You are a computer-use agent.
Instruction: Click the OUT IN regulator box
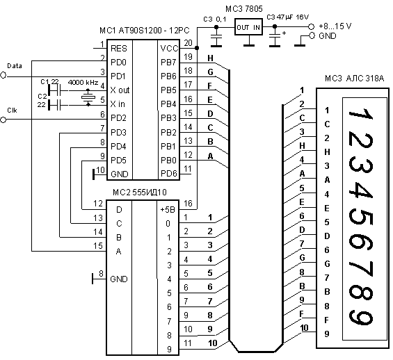click(x=248, y=27)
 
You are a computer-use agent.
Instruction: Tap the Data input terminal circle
click(x=3, y=75)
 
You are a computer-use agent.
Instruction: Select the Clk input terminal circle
click(x=3, y=120)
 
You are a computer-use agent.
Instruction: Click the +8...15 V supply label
click(x=335, y=26)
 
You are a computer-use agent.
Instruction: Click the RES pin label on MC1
click(x=118, y=49)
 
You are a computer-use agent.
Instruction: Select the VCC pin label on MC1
click(x=169, y=49)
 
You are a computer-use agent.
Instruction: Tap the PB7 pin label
click(x=168, y=63)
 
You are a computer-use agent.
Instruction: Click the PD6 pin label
click(x=169, y=174)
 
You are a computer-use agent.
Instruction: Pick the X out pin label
click(x=120, y=90)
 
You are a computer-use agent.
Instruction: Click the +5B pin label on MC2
click(x=168, y=210)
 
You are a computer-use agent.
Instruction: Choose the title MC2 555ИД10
click(x=139, y=193)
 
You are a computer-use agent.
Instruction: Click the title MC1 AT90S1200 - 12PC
click(x=145, y=31)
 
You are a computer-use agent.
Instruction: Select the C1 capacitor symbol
click(x=55, y=90)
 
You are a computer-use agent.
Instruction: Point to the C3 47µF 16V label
click(x=288, y=17)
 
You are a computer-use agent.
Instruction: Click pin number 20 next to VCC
click(x=188, y=43)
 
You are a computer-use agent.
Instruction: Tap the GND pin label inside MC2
click(x=119, y=279)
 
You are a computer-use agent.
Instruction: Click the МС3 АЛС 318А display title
click(x=355, y=79)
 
